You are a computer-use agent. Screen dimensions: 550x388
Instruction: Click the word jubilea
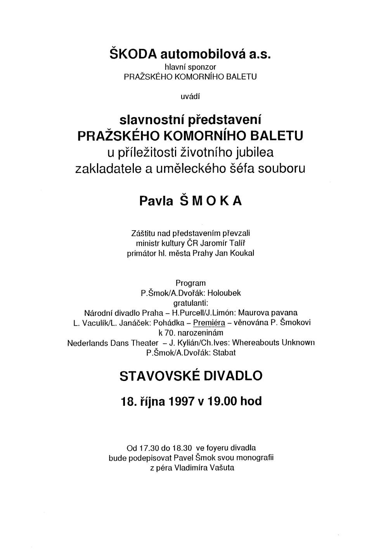click(x=256, y=152)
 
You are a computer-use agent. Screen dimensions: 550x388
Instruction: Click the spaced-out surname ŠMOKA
click(x=209, y=202)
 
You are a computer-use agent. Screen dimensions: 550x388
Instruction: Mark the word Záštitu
click(x=143, y=233)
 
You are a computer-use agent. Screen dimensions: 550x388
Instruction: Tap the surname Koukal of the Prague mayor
click(x=243, y=253)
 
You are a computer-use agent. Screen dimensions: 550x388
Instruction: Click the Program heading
click(x=191, y=283)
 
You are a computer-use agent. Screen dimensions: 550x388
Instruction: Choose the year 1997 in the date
click(x=181, y=401)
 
